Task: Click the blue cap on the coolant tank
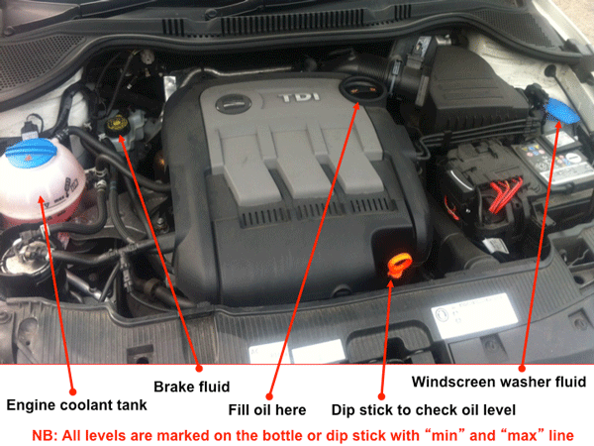coord(31,153)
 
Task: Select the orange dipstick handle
coord(400,266)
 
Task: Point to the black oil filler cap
coord(363,89)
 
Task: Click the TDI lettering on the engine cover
coord(299,98)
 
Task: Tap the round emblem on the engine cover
coord(234,104)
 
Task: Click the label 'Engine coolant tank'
coord(76,405)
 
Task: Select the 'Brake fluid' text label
coord(192,387)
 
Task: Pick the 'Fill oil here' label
coord(267,410)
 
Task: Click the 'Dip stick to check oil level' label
coord(424,410)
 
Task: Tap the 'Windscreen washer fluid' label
coord(499,382)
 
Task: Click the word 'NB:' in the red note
coord(44,435)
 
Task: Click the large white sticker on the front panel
coord(474,315)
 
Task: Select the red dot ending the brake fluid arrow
coord(199,368)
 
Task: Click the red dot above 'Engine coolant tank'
coord(72,391)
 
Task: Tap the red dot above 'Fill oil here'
coord(269,396)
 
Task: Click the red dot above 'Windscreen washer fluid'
coord(522,368)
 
